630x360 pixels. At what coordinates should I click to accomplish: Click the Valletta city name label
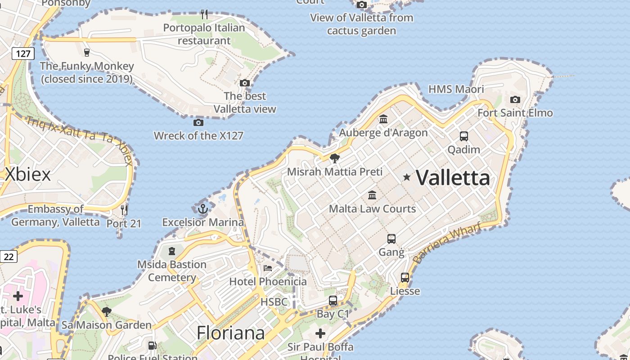pos(453,178)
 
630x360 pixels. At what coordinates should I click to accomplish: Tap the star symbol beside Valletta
pos(407,177)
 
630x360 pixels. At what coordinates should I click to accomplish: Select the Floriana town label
pos(230,333)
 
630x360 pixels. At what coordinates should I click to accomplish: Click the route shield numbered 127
pos(23,54)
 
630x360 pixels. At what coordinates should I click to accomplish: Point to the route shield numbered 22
pos(9,256)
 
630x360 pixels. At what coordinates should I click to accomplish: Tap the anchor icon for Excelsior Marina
pos(203,209)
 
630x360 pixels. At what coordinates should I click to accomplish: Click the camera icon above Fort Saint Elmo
pos(515,99)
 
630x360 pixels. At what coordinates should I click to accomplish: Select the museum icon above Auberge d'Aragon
pos(383,119)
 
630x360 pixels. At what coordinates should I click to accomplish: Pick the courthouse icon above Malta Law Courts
pos(372,195)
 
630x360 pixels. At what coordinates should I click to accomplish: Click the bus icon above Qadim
pos(463,136)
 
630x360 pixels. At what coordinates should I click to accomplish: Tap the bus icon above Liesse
pos(405,278)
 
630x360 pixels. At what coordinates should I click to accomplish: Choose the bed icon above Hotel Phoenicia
pos(268,268)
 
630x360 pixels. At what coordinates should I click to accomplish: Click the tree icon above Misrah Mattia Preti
pos(334,158)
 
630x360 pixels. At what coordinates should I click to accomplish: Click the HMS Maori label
pos(456,89)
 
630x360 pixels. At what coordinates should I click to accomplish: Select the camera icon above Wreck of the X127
pos(198,122)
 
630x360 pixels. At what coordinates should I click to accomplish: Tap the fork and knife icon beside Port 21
pos(124,210)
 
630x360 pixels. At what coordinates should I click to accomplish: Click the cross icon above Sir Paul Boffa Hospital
pos(320,333)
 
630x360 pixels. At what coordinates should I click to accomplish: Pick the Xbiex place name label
pos(28,175)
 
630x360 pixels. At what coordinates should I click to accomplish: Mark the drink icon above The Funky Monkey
pos(87,52)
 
